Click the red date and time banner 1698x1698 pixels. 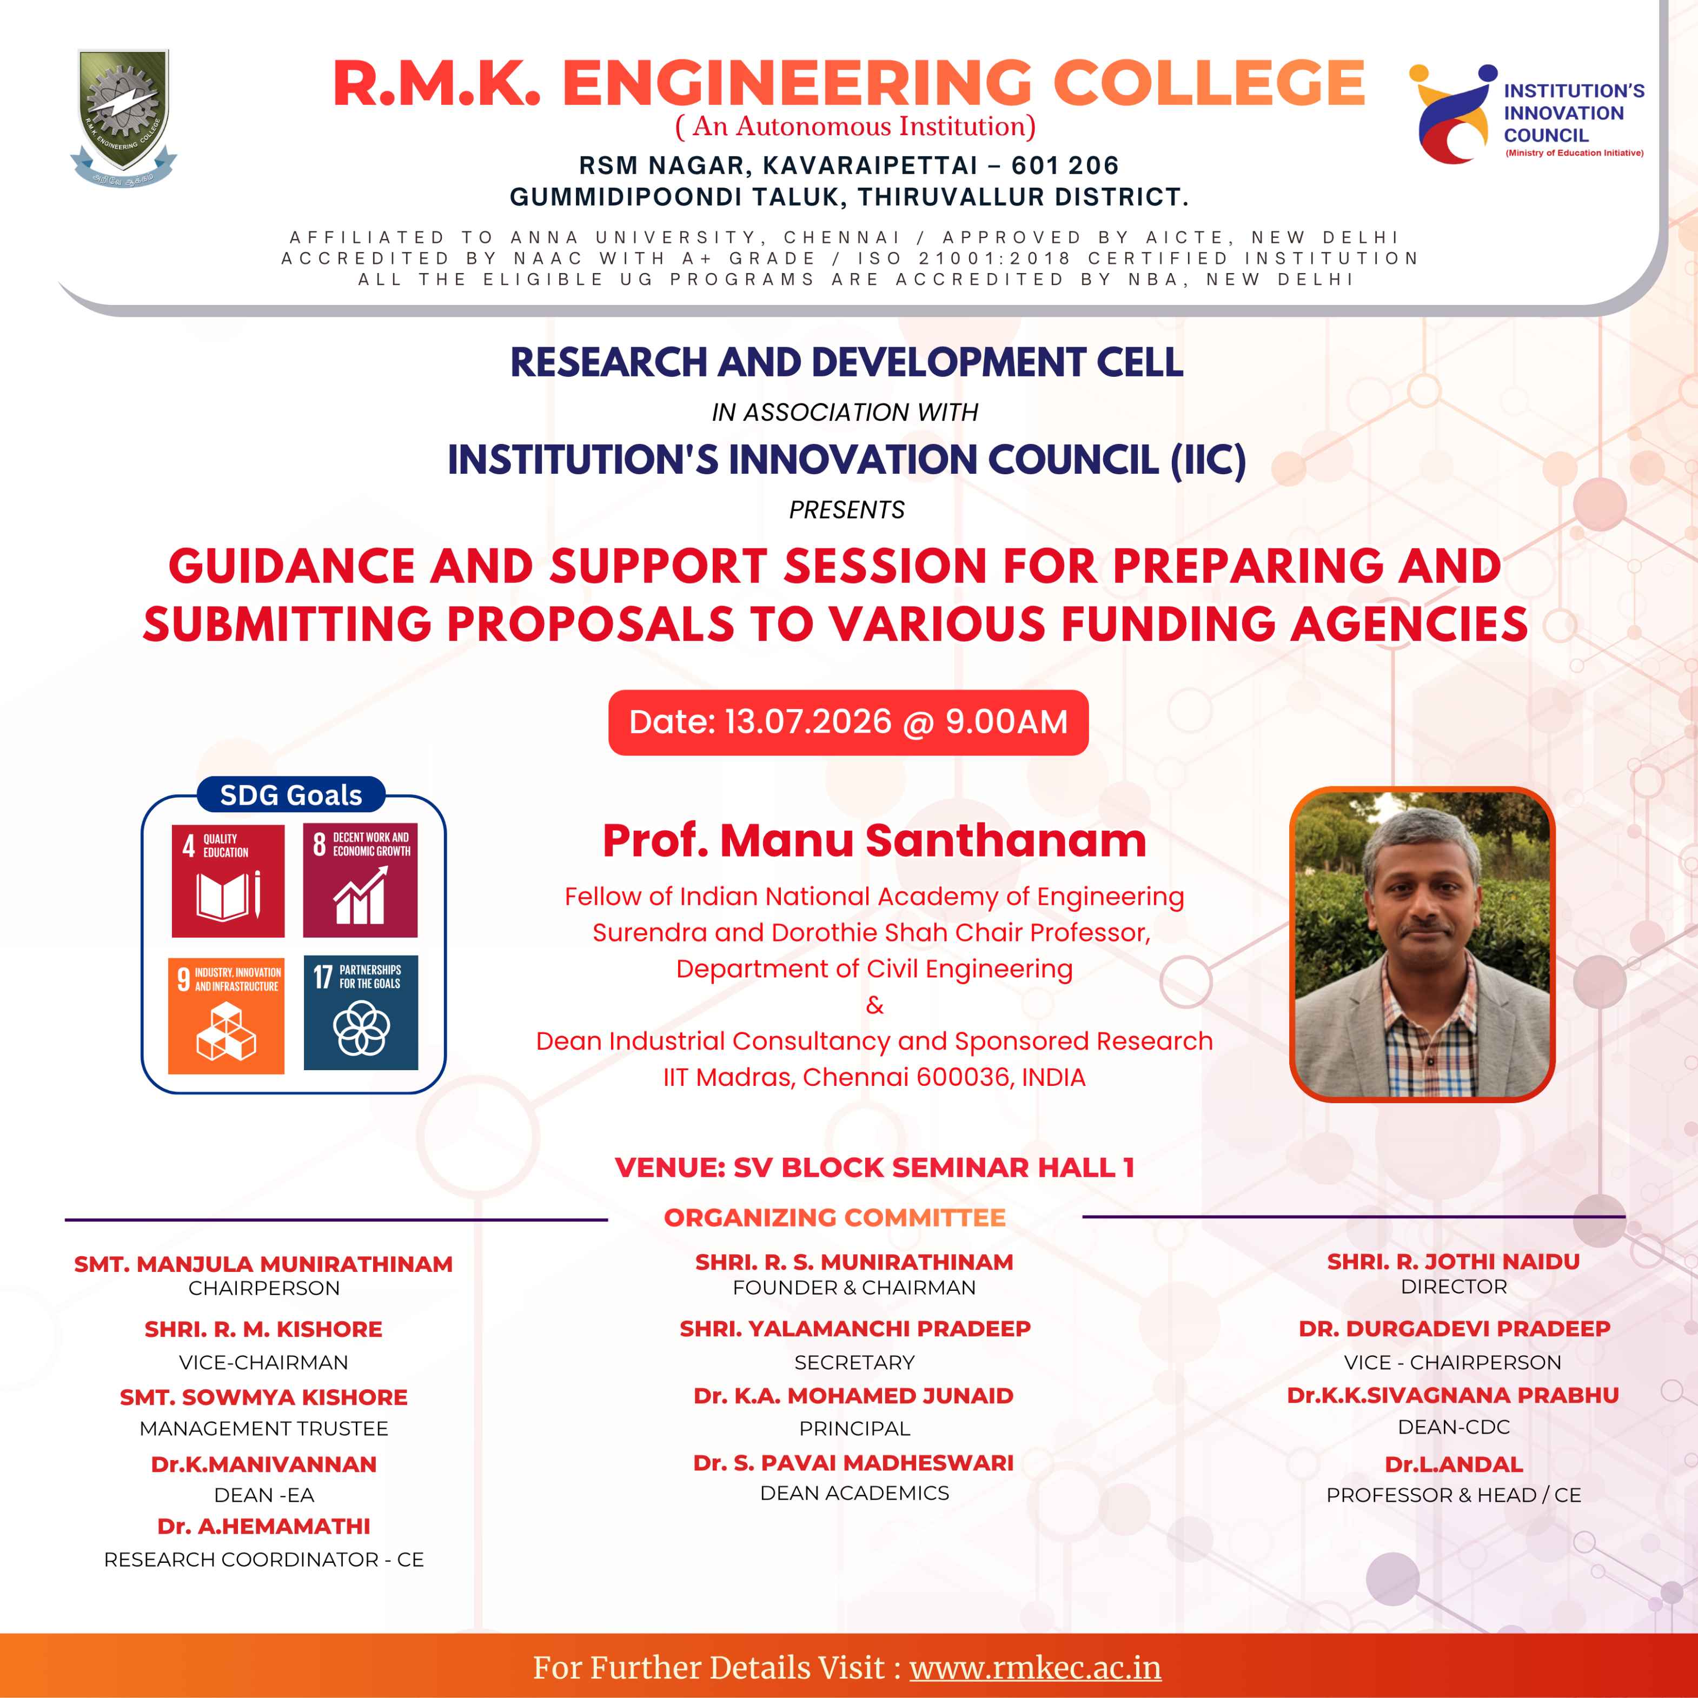848,722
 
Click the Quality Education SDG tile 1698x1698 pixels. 228,881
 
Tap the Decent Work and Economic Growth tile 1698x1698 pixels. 360,880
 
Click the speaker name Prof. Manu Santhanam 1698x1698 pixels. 874,840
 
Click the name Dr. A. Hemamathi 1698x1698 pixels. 264,1527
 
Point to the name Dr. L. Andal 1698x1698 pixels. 1454,1464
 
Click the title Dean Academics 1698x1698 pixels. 854,1493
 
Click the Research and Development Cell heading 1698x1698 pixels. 847,362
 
